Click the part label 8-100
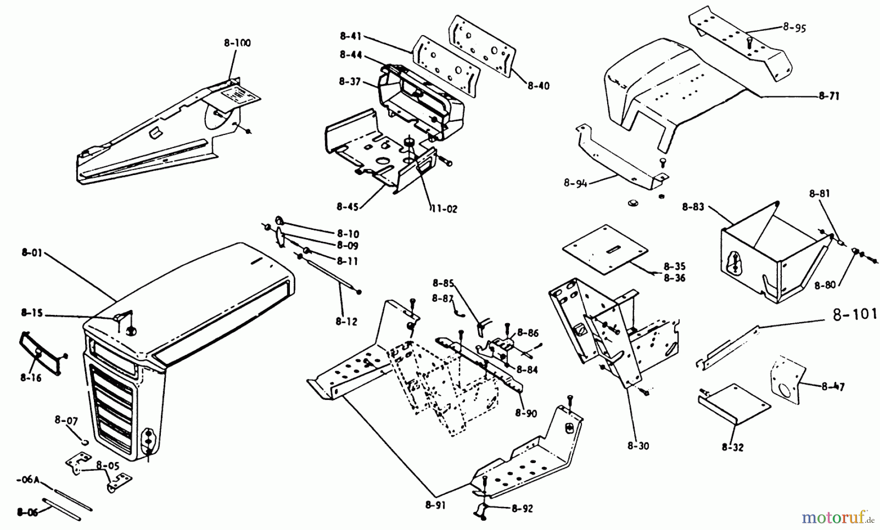pyautogui.click(x=238, y=43)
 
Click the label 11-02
pyautogui.click(x=443, y=209)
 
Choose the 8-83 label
pyautogui.click(x=693, y=207)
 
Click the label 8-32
pyautogui.click(x=732, y=446)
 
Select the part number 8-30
pyautogui.click(x=638, y=446)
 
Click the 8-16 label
pyautogui.click(x=31, y=377)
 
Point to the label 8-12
pyautogui.click(x=346, y=321)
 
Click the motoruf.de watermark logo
pyautogui.click(x=837, y=516)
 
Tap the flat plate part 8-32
pyautogui.click(x=733, y=403)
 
